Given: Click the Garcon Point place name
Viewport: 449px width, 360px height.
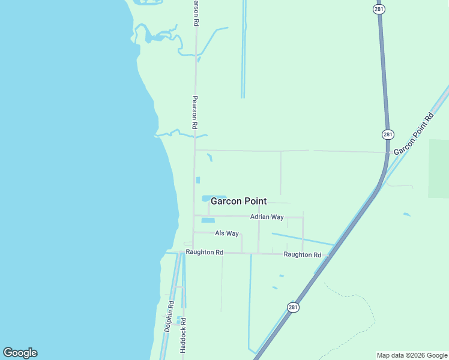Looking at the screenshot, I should [x=238, y=202].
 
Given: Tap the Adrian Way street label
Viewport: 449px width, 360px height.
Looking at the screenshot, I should [x=267, y=217].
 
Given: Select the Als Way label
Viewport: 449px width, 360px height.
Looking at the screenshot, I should [x=227, y=233].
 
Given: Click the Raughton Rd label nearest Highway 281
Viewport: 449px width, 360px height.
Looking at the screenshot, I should [x=303, y=254].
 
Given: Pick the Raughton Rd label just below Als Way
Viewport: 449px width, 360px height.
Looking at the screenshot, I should [x=204, y=253].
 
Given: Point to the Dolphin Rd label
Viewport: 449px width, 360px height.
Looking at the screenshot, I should [x=170, y=316].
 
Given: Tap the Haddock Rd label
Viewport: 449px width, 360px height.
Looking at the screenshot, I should [x=183, y=335].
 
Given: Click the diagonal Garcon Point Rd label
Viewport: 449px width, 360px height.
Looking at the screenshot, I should [x=413, y=133].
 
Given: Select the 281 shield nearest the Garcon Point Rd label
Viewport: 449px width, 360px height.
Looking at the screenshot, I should [x=388, y=134].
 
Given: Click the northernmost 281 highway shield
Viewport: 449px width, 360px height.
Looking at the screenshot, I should [x=379, y=9].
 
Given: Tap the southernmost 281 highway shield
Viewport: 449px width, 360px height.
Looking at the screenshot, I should [x=292, y=307].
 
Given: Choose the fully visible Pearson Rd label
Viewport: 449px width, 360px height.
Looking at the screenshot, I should [x=194, y=113].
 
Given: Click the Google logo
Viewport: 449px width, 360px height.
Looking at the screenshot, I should [x=20, y=353].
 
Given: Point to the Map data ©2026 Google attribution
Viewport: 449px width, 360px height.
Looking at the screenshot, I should [x=411, y=355].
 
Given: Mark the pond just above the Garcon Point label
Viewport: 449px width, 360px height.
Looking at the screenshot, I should [x=213, y=197].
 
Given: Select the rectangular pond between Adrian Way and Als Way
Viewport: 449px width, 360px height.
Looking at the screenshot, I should [x=208, y=220].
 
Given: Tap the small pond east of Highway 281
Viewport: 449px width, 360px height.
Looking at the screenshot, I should [x=407, y=214].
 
